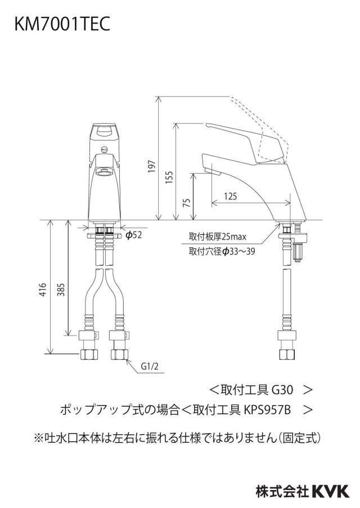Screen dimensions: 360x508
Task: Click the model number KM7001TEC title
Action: [62, 24]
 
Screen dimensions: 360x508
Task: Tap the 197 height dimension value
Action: [152, 166]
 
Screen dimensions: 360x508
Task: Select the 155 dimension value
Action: [169, 178]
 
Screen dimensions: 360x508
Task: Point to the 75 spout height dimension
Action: [186, 203]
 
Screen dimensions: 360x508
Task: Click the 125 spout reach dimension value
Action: [230, 196]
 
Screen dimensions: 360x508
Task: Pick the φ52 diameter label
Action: [134, 235]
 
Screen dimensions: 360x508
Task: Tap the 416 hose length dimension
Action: [43, 289]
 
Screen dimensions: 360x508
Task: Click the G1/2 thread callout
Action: [150, 366]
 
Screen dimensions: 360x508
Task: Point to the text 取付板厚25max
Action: [218, 237]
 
